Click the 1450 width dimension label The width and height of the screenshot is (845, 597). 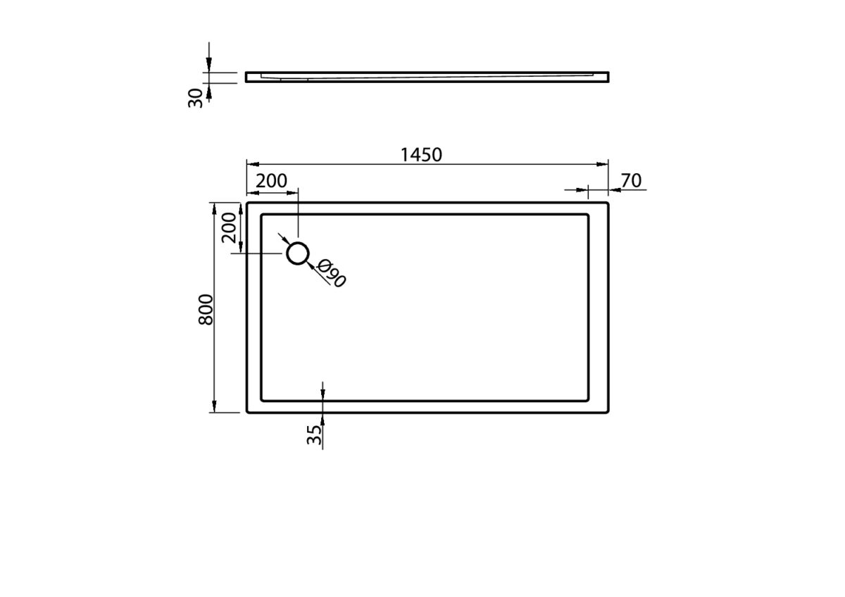[420, 155]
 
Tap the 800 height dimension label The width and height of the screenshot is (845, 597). [206, 310]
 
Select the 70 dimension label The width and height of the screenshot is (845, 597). [631, 181]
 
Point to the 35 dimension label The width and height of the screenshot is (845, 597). [314, 435]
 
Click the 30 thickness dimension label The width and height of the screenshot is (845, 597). [195, 98]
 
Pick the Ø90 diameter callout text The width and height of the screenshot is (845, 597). [331, 273]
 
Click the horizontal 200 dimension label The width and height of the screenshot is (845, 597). [271, 181]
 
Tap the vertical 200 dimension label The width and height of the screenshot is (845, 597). [229, 228]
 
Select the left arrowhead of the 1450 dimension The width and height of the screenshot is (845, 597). [253, 164]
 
